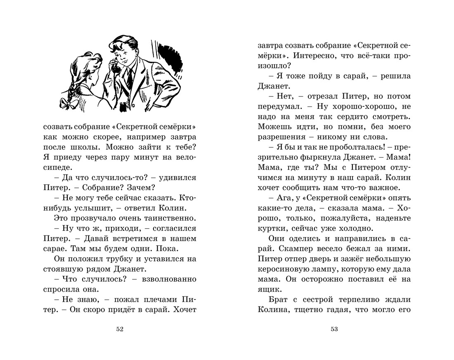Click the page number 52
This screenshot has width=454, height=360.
(120, 329)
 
